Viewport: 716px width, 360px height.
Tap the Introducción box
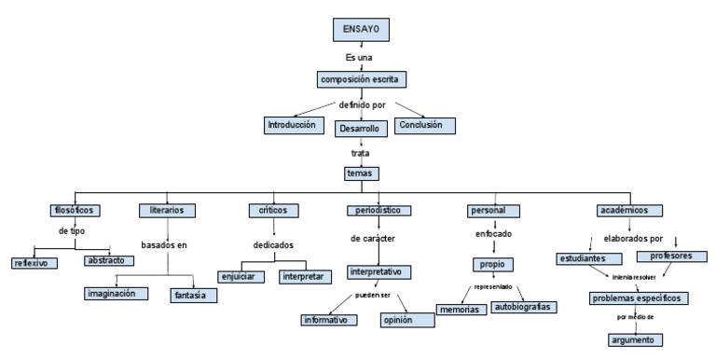click(292, 125)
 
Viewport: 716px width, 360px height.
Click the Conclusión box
click(425, 125)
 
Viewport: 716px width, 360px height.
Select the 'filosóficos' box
click(76, 211)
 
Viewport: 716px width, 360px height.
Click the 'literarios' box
click(167, 211)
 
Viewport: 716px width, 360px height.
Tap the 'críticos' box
click(272, 211)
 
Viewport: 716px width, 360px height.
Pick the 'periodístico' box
click(379, 211)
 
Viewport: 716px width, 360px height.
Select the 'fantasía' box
click(194, 295)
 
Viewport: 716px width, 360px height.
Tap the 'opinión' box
click(407, 320)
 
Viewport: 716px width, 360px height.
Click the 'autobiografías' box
click(522, 307)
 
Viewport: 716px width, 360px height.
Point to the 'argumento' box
click(636, 339)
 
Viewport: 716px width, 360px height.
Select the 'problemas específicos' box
click(639, 298)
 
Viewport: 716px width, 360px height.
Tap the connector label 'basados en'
click(164, 245)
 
